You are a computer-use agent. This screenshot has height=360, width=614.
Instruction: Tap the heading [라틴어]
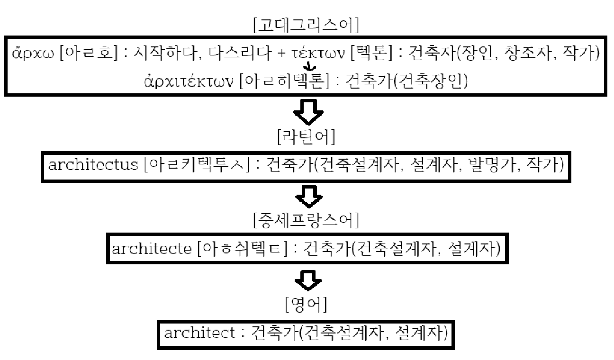(306, 137)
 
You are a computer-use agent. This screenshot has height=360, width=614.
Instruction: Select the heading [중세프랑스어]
(306, 220)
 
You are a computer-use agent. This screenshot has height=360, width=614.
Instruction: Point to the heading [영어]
(306, 305)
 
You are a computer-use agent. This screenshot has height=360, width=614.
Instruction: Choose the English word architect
(199, 333)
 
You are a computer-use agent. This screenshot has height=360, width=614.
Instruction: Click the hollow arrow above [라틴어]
(308, 114)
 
